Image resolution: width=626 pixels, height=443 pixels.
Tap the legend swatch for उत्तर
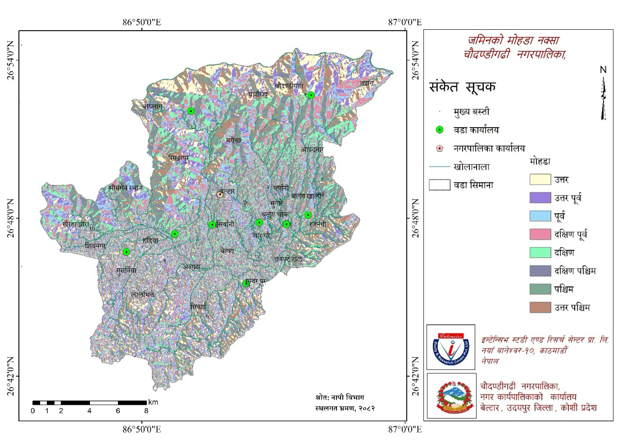click(x=540, y=179)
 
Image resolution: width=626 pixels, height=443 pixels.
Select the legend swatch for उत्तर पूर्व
click(x=540, y=197)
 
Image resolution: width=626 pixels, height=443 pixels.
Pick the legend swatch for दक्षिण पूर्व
click(x=540, y=234)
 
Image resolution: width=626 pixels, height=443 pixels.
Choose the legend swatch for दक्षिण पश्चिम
click(x=540, y=270)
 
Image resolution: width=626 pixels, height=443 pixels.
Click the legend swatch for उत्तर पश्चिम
click(x=540, y=307)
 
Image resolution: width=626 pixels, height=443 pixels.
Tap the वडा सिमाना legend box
click(x=440, y=185)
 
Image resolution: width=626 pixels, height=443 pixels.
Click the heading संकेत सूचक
click(x=463, y=87)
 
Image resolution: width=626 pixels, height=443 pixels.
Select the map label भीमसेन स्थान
click(x=125, y=187)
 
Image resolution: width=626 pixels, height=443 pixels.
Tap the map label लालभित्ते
click(x=143, y=294)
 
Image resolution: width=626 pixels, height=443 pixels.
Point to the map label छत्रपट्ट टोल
click(x=288, y=259)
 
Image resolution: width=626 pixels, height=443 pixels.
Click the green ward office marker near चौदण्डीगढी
click(x=311, y=95)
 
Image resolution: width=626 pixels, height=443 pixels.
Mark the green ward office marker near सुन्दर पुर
click(x=246, y=283)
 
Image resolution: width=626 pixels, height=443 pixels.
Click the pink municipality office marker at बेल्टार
click(x=220, y=194)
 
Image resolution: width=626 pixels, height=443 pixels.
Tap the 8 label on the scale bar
click(x=146, y=411)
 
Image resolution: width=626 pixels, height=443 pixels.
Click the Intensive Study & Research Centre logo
click(x=451, y=347)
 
